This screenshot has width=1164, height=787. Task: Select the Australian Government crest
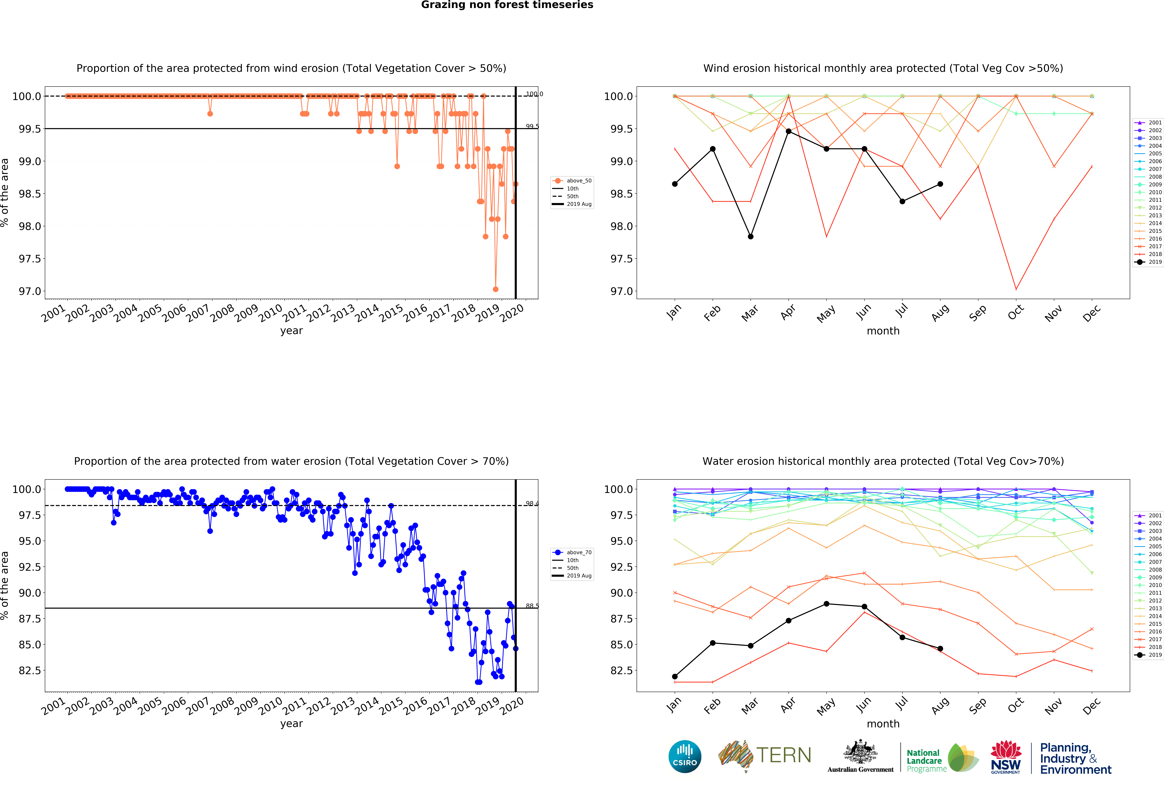coord(860,751)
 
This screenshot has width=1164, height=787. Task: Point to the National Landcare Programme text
coord(926,760)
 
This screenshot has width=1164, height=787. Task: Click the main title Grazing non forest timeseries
coord(507,5)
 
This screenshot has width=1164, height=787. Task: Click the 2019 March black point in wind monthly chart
coord(750,237)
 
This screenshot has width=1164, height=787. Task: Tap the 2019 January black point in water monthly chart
coord(675,676)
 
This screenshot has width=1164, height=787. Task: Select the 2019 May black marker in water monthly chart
coord(826,604)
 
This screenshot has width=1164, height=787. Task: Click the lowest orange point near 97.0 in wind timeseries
coord(495,289)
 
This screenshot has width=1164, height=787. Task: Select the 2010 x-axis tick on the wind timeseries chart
coord(270,313)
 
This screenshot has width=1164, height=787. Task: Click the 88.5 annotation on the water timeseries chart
coord(532,606)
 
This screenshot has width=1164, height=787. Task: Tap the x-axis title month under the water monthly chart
coord(883,723)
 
